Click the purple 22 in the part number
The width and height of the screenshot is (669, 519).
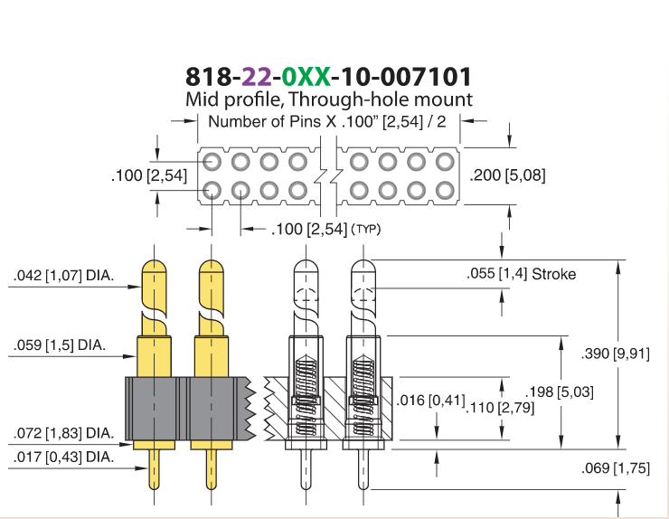257,77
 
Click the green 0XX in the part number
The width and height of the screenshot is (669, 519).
306,77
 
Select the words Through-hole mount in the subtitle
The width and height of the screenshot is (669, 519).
381,99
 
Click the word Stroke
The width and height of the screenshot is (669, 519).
554,274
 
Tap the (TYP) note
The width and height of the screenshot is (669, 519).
365,229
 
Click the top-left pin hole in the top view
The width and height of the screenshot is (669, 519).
212,162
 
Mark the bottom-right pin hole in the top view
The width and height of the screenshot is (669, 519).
445,191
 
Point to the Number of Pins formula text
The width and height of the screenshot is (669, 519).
327,122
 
